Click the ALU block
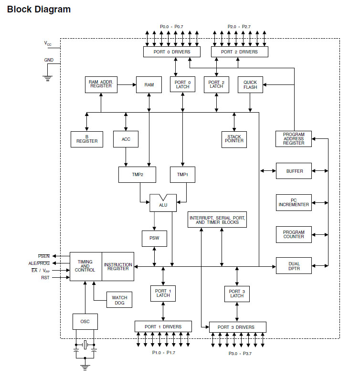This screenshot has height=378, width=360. [163, 204]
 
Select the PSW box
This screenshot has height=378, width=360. [154, 238]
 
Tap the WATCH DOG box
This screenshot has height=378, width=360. [119, 300]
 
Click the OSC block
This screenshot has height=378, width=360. [85, 321]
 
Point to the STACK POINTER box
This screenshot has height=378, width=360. [234, 138]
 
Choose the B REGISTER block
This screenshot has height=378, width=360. [87, 139]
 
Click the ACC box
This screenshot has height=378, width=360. [126, 139]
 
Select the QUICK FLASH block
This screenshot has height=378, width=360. [250, 84]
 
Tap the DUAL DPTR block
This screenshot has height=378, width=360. [294, 265]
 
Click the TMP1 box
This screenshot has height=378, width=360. [182, 174]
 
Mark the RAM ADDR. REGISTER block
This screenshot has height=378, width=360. [100, 84]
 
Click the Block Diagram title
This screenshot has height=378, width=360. [39, 9]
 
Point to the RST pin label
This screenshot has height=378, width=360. [45, 277]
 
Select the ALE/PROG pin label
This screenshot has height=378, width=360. [39, 263]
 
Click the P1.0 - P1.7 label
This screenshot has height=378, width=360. [164, 352]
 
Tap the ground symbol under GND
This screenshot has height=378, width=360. [48, 78]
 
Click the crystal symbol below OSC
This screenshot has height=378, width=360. [85, 345]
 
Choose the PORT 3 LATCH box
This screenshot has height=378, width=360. [237, 294]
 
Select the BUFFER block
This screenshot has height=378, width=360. [294, 171]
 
